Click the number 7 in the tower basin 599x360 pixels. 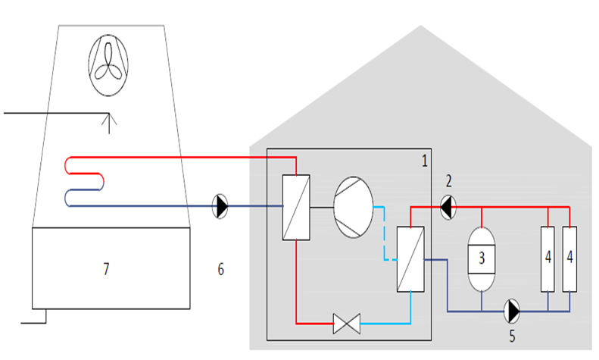[x=106, y=269]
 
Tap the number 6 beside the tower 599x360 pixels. [x=221, y=269]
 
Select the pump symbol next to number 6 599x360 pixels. [x=220, y=206]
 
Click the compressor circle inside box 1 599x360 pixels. [x=354, y=208]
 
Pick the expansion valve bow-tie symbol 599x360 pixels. [x=347, y=324]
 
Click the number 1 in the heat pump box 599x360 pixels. [x=424, y=161]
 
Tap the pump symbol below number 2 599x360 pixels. [x=448, y=207]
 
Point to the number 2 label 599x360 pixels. [x=449, y=181]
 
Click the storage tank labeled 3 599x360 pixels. [x=482, y=259]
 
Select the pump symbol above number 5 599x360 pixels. [x=512, y=311]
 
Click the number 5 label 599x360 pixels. [x=512, y=336]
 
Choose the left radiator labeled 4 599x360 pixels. [x=548, y=259]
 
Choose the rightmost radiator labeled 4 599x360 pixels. [x=569, y=259]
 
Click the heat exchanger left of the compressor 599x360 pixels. [x=296, y=208]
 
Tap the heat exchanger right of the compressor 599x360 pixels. [x=410, y=259]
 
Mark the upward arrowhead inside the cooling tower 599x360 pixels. [x=109, y=119]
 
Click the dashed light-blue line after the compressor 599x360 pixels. [x=384, y=233]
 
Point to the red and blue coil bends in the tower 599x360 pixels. [x=84, y=182]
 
